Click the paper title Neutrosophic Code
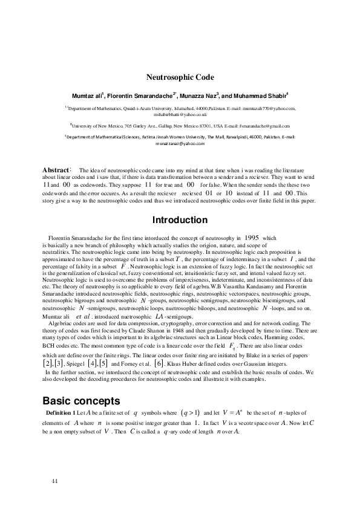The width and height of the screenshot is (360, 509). point(180,77)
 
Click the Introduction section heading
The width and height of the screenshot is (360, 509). point(180,220)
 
